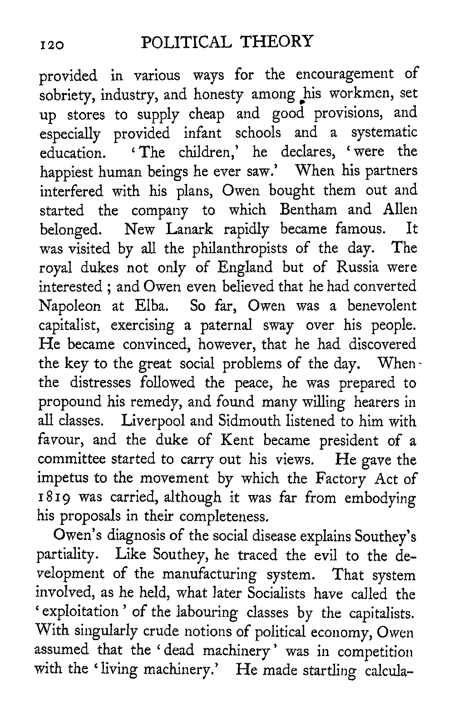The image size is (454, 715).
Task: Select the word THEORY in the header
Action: click(276, 41)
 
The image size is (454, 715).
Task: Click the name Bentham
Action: click(309, 210)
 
